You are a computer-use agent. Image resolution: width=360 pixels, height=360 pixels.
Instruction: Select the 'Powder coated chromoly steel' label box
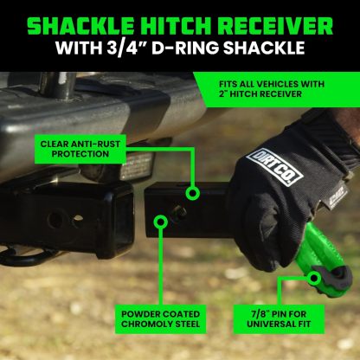click(x=159, y=318)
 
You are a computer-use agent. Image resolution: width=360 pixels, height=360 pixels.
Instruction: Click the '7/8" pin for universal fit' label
click(x=284, y=318)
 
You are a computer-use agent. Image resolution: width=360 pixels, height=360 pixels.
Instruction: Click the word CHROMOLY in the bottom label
click(x=148, y=325)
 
